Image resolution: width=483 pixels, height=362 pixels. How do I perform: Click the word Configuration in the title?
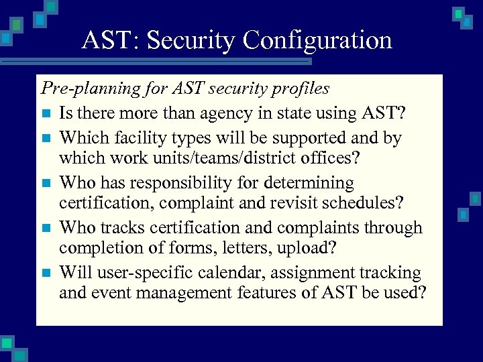tap(317, 41)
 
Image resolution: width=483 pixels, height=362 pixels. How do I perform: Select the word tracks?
tap(123, 228)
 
